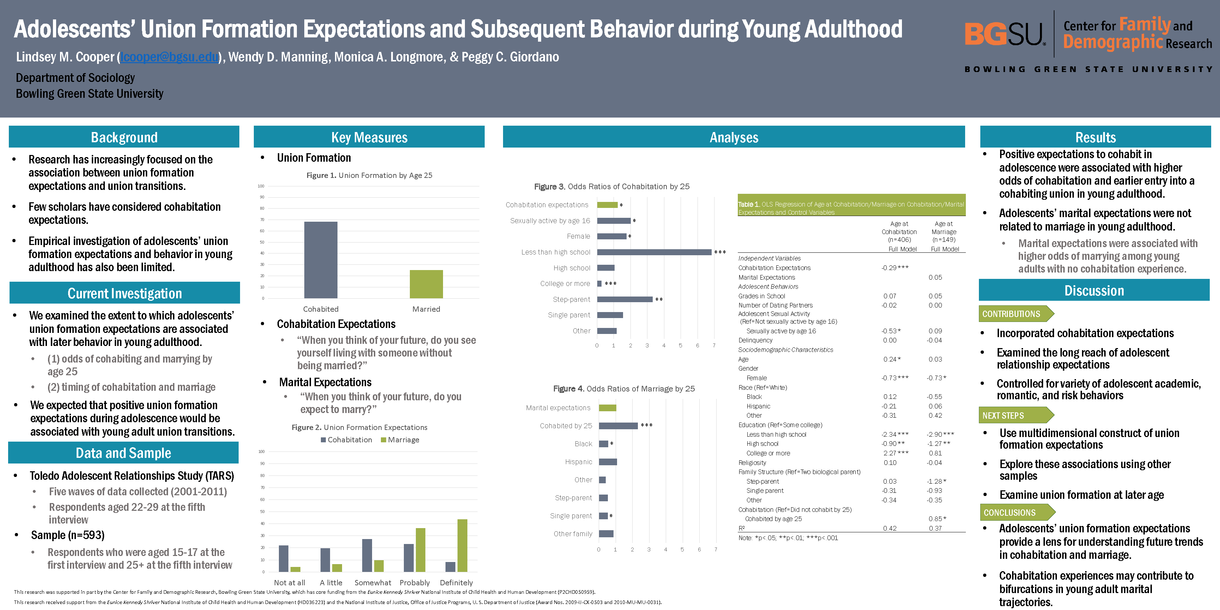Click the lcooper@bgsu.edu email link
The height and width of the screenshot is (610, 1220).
coord(169,57)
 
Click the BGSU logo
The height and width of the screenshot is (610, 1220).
coord(1004,35)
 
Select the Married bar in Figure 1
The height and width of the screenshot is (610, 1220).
coord(426,284)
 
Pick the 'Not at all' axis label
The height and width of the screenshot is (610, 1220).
coord(289,582)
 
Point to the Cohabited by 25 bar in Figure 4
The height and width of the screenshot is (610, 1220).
coord(618,426)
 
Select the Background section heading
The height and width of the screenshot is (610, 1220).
coord(124,137)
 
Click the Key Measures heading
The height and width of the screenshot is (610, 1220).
coord(369,137)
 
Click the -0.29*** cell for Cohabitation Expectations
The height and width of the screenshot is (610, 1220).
coord(895,268)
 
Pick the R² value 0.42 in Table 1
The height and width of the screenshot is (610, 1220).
coord(890,528)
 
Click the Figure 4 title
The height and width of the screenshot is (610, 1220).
coord(624,389)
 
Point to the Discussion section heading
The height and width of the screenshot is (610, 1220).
coord(1094,290)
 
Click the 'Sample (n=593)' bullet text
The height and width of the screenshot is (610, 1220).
coord(68,535)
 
